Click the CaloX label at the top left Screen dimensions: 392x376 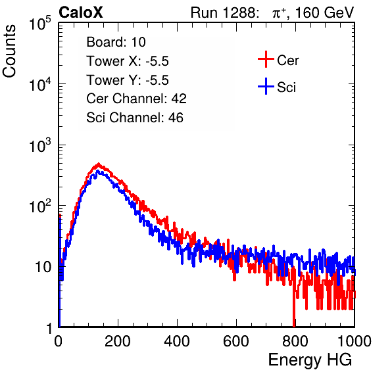80,12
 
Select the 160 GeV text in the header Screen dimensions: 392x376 324,12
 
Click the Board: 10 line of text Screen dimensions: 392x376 116,42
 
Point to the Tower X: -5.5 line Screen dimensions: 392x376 128,61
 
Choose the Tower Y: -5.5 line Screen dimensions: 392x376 128,80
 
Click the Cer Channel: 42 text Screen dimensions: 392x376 136,99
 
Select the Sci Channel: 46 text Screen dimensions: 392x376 134,118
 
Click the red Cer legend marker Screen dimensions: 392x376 266,59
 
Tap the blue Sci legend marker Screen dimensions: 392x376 266,86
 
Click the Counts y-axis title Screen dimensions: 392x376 9,51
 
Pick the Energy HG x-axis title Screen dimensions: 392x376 310,360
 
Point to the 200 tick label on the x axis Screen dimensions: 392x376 118,341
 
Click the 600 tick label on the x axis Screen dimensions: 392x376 236,341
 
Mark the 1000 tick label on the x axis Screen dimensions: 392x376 354,341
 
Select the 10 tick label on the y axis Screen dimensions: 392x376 43,267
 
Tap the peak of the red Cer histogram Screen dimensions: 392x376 99,164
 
